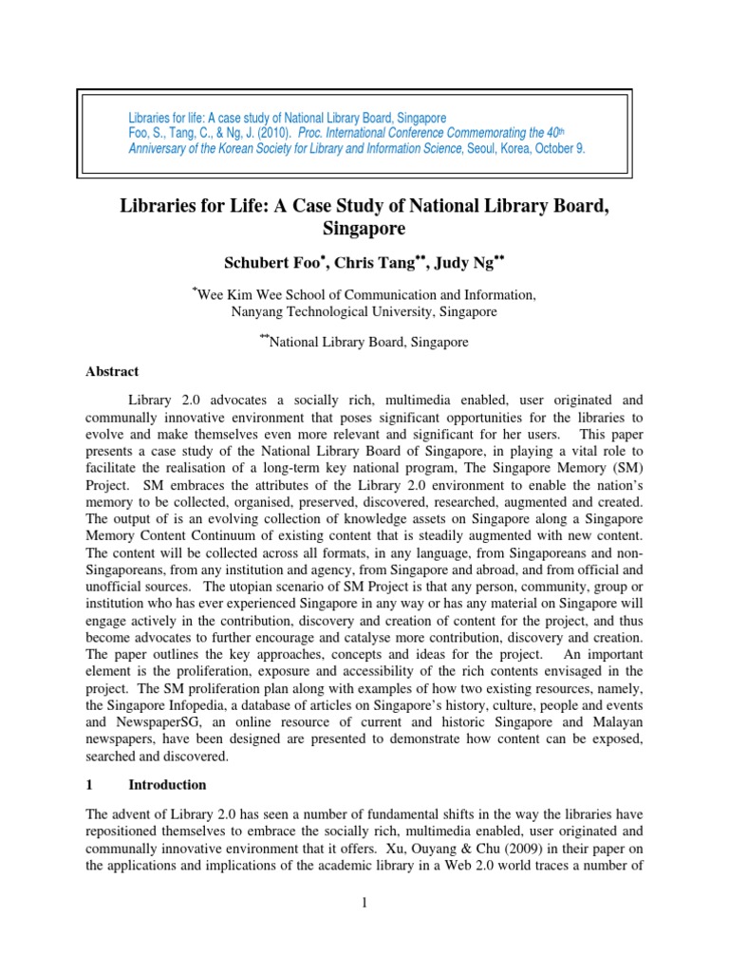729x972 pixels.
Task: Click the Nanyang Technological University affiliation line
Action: point(364,311)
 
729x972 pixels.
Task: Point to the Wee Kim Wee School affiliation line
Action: point(365,295)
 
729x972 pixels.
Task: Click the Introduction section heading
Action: point(167,785)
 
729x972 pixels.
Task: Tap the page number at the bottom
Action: point(364,902)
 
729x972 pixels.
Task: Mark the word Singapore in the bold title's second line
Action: point(364,229)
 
